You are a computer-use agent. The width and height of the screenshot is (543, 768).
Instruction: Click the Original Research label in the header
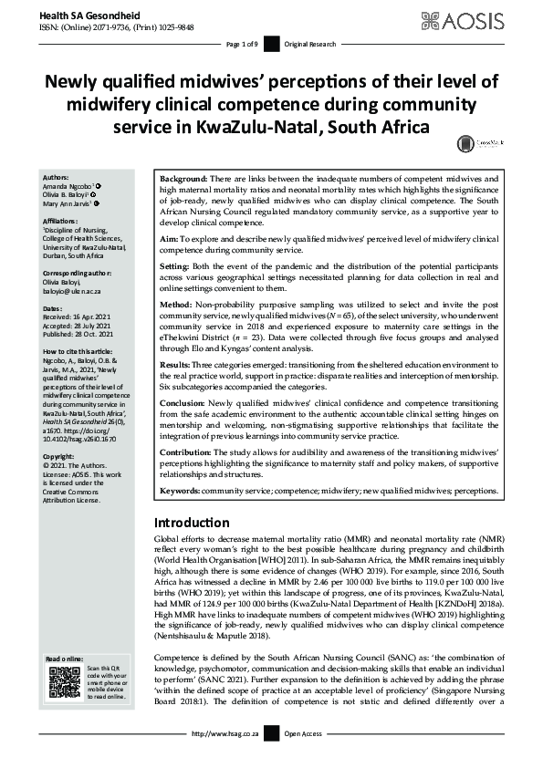[x=310, y=44]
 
